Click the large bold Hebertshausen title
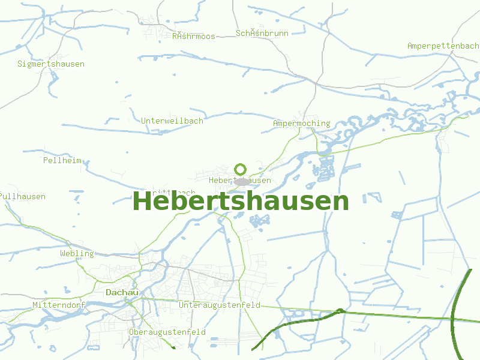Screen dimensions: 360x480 click(x=240, y=202)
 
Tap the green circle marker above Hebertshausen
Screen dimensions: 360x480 click(x=241, y=169)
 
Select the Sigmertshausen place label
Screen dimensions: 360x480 click(x=51, y=64)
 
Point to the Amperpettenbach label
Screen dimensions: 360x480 click(x=443, y=46)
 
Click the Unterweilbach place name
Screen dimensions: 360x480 click(x=172, y=121)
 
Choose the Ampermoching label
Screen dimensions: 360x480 click(x=301, y=124)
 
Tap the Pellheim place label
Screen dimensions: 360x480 click(x=62, y=160)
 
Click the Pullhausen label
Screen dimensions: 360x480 click(x=23, y=196)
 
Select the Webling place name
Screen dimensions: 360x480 click(x=77, y=253)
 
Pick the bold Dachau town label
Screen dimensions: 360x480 click(x=122, y=292)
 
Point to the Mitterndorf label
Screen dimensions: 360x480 click(x=59, y=305)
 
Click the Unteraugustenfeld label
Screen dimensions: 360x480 click(x=220, y=305)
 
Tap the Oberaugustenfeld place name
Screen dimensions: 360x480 click(x=167, y=332)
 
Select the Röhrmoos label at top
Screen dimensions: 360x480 click(x=193, y=37)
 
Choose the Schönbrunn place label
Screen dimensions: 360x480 click(x=262, y=33)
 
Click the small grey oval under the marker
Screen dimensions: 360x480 click(x=241, y=181)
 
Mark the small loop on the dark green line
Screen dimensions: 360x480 click(x=340, y=311)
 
